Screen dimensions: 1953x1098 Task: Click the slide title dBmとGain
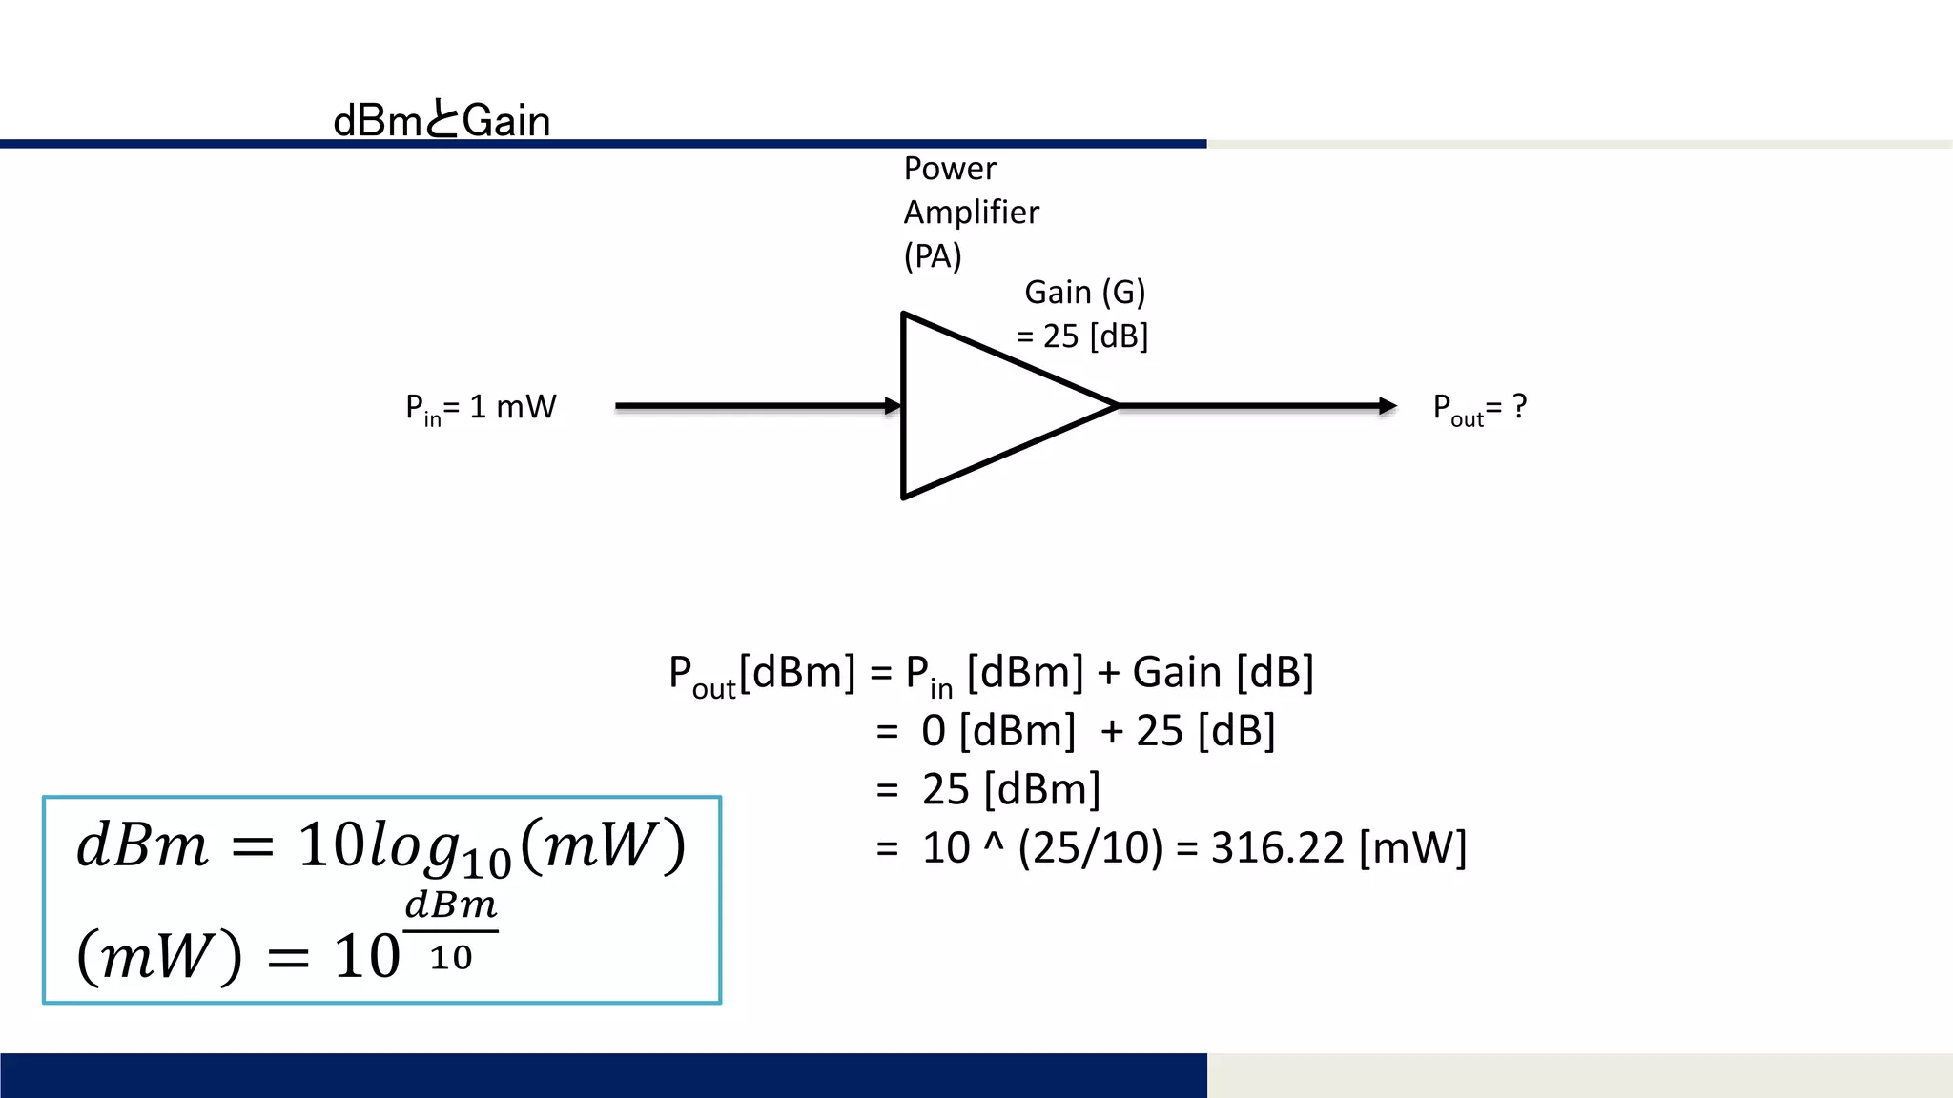[442, 121]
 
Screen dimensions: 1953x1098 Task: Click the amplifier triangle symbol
[982, 406]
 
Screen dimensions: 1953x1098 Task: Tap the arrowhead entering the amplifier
[893, 406]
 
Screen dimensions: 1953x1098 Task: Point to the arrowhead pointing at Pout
[1388, 406]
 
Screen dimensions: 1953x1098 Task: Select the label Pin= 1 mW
[481, 408]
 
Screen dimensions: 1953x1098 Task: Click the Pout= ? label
[1480, 409]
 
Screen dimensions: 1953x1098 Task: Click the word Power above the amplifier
[950, 169]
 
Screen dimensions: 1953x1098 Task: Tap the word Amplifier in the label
[971, 213]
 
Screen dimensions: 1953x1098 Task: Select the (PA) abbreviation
[933, 256]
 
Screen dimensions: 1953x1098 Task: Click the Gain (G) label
[1084, 293]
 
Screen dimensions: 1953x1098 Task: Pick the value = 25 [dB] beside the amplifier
[1082, 336]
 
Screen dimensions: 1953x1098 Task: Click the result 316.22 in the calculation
[1277, 847]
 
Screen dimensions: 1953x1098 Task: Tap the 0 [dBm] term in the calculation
[998, 731]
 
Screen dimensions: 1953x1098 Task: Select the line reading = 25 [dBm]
[989, 789]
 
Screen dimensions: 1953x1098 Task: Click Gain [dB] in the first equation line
[1223, 673]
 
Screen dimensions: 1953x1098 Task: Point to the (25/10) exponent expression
[1090, 847]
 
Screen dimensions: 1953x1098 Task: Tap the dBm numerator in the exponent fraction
[451, 905]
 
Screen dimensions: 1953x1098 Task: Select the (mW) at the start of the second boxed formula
[159, 956]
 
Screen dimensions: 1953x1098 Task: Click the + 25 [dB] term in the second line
[1187, 731]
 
